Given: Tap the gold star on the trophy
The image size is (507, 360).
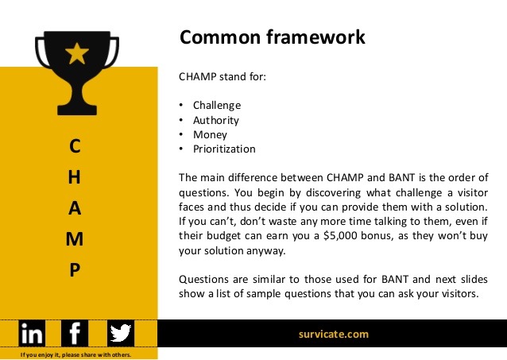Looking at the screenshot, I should tap(76, 54).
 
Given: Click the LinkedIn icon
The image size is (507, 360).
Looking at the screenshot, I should tap(33, 333).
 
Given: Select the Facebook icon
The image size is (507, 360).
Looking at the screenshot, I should tap(75, 333).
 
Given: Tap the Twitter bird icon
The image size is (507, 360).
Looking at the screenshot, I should tap(121, 333).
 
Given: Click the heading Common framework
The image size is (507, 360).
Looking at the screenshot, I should tap(272, 37).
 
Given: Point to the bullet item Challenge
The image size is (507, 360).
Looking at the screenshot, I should tap(216, 105).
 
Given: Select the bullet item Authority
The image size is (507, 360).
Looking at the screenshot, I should tap(215, 120).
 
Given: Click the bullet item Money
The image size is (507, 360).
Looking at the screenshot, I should tap(210, 134).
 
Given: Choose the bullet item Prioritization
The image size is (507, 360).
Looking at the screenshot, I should tap(224, 149).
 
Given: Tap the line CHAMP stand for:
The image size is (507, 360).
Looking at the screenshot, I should tap(222, 77).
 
